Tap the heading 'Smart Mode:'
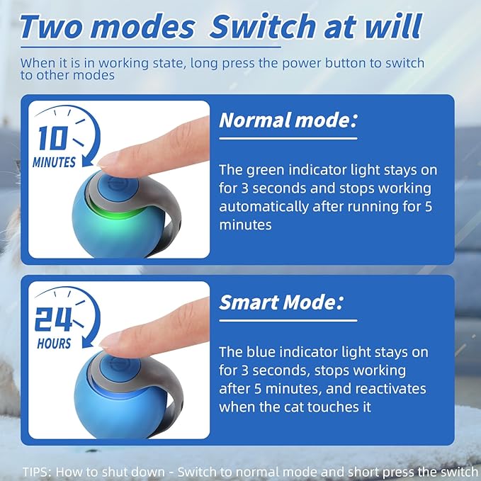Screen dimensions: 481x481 pos(281,303)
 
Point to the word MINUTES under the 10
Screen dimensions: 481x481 pos(54,162)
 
